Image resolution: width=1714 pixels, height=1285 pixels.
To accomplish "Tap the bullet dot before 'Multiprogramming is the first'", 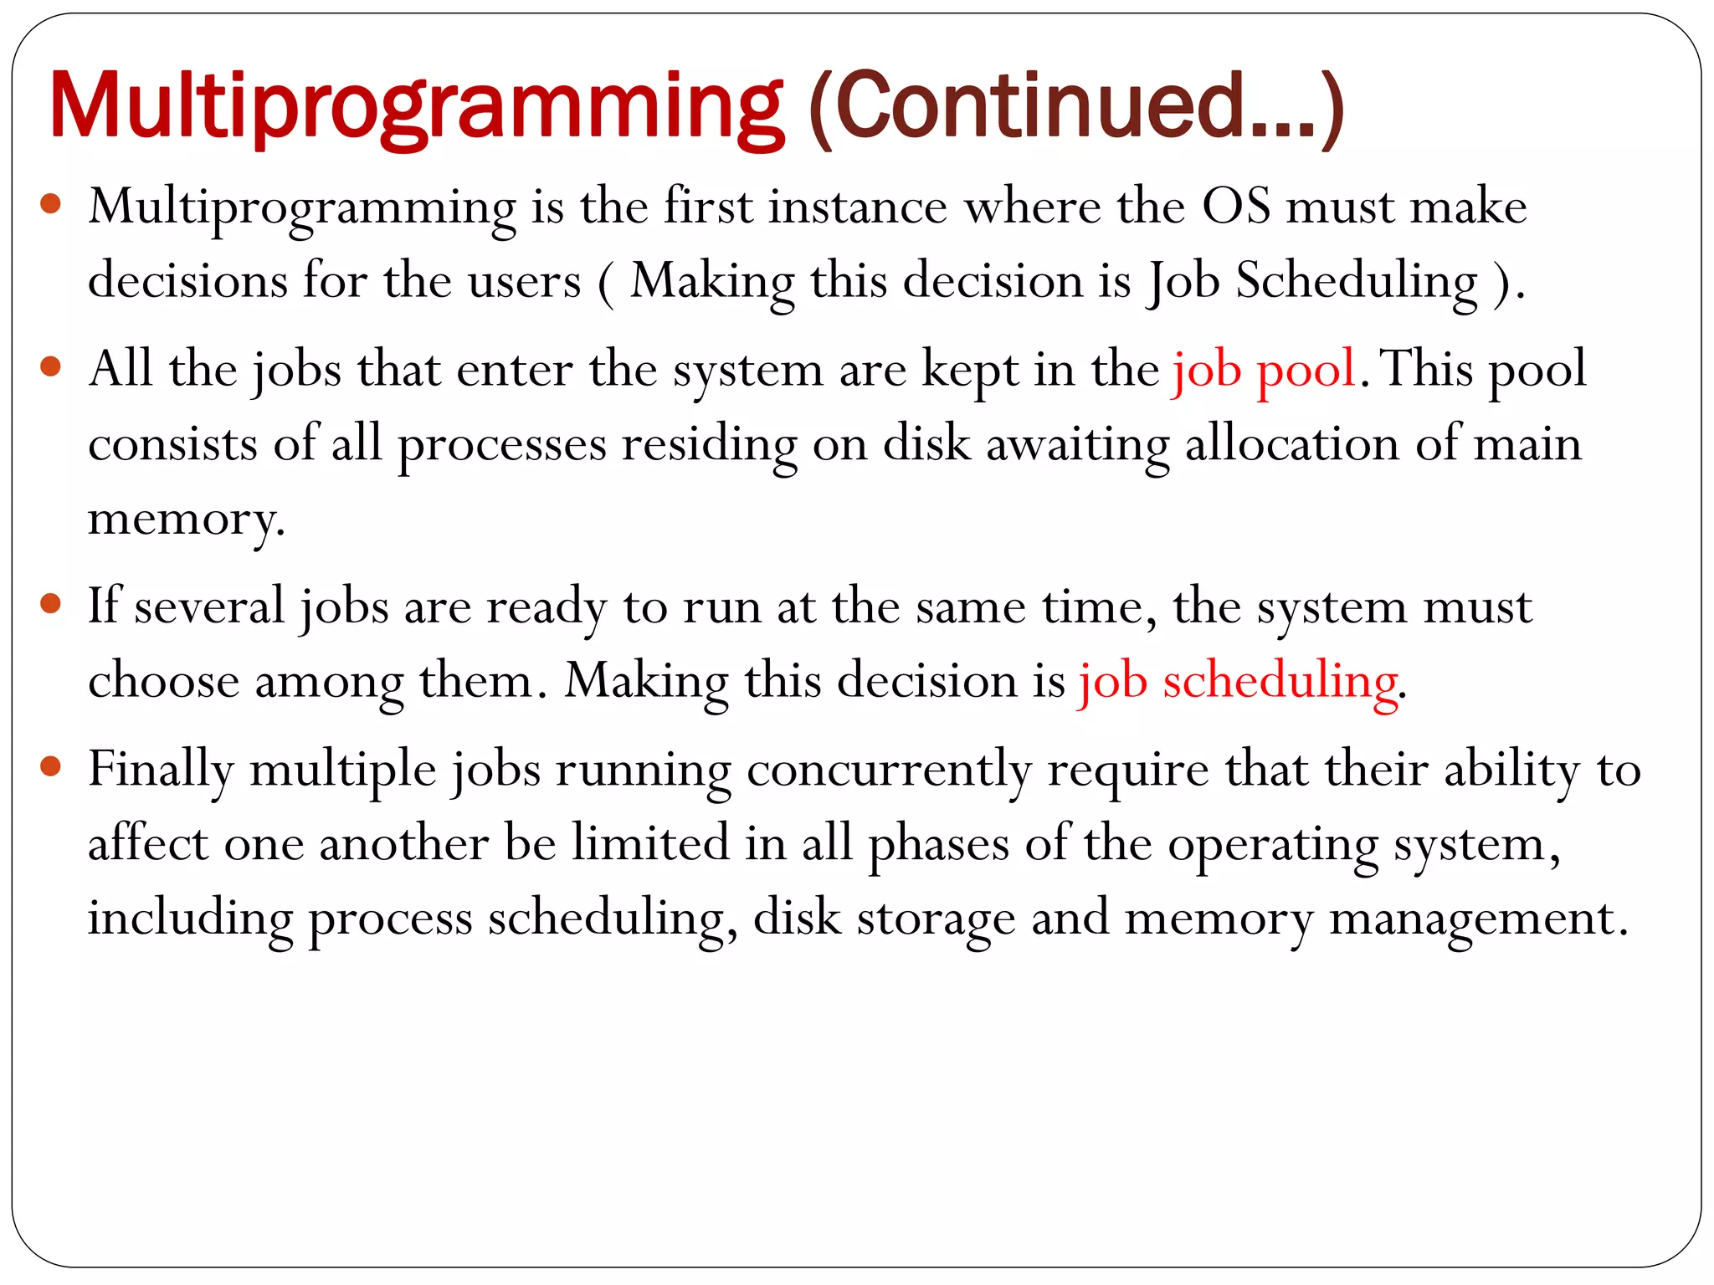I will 51,204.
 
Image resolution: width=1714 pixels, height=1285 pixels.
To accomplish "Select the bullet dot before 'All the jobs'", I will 51,366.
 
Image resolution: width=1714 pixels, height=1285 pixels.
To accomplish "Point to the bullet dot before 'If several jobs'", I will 51,603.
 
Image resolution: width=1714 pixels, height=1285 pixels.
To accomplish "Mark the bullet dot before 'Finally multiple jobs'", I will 51,765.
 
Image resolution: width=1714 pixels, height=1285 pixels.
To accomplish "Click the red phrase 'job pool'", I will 1264,370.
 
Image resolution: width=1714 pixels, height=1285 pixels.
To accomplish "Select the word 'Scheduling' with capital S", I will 1357,281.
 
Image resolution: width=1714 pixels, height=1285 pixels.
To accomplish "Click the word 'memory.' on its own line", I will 187,519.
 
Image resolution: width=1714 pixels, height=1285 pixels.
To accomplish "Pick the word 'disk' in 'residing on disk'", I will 926,443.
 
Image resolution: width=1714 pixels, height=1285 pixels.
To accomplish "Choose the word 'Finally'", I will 161,770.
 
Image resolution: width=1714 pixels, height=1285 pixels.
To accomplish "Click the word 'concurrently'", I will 889,770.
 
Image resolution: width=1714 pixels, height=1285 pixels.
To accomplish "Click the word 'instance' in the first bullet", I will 858,206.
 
